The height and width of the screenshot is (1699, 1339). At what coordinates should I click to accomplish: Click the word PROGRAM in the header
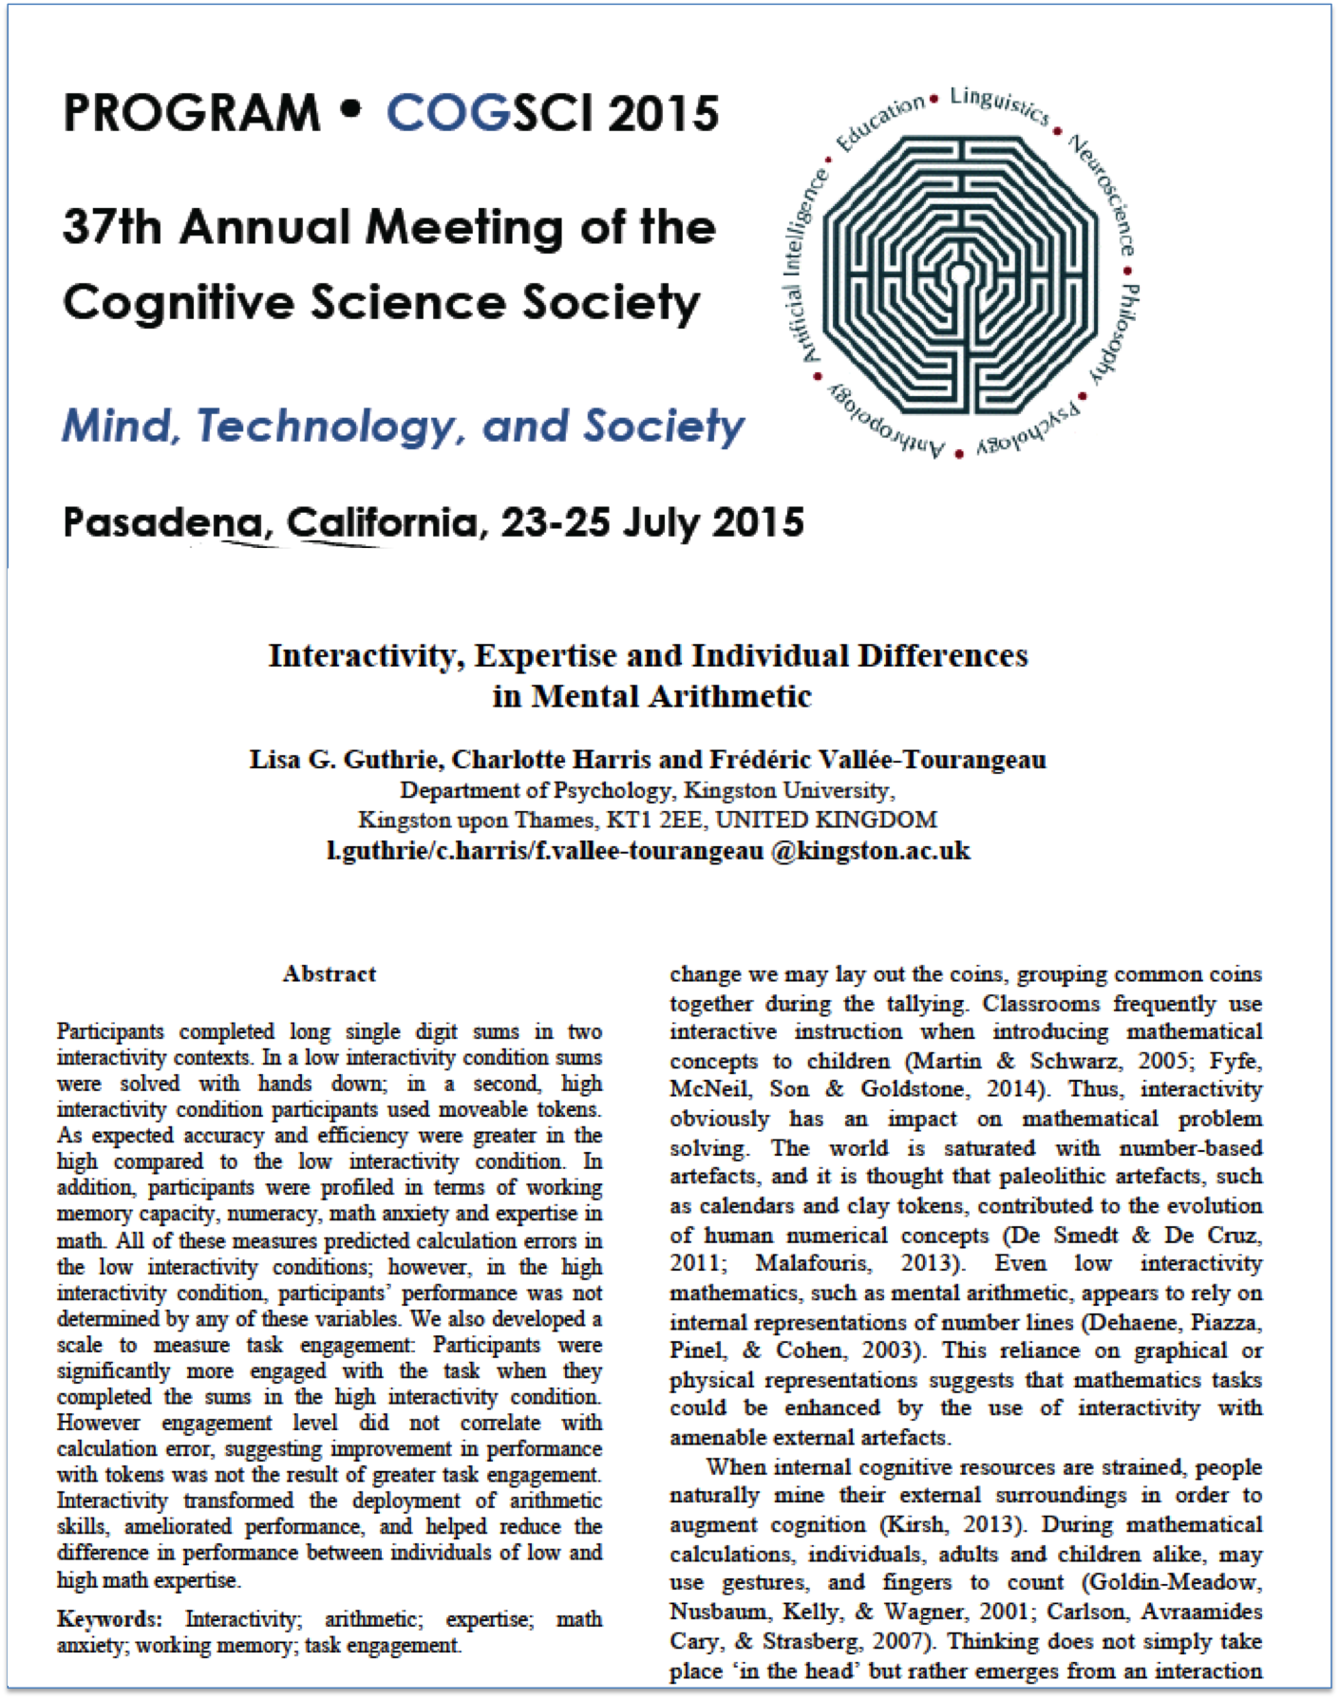click(191, 113)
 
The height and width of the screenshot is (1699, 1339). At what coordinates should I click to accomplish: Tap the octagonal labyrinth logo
click(960, 275)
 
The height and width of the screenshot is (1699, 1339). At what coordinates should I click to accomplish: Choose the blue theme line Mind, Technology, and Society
click(403, 425)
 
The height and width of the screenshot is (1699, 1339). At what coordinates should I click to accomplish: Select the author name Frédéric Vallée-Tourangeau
click(877, 760)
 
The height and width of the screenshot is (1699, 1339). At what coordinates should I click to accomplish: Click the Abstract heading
click(330, 973)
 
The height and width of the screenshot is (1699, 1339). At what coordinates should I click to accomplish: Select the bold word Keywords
click(109, 1618)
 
